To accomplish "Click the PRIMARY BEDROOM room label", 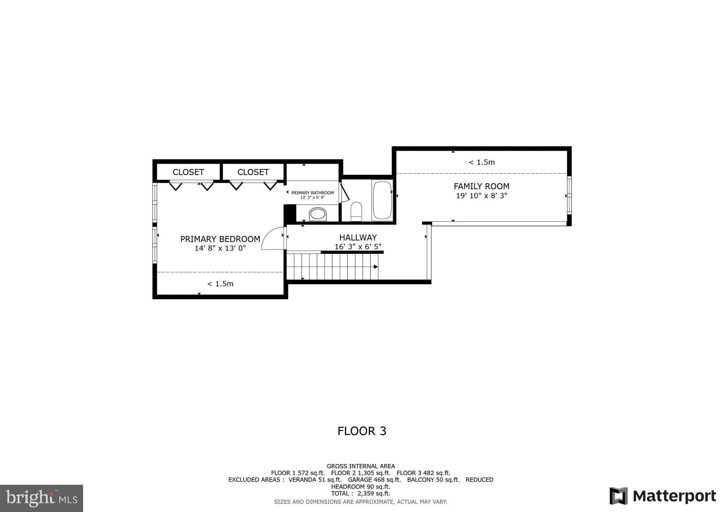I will click(x=220, y=239).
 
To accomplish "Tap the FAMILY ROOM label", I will click(x=481, y=186).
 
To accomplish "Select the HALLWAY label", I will click(x=358, y=238).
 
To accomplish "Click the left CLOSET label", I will click(x=188, y=172).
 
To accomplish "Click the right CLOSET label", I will click(x=253, y=172).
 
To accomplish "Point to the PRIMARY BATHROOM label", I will click(x=312, y=193).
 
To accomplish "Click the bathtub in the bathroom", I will click(x=382, y=200).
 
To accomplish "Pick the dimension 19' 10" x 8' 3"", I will click(x=481, y=196).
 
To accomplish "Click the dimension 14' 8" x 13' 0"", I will click(x=220, y=248).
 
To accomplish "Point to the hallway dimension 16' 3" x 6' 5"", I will click(x=358, y=247).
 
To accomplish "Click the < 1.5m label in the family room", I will click(x=481, y=162).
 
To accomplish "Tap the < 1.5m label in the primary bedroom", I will click(x=220, y=284).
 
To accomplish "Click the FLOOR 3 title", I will click(x=362, y=431).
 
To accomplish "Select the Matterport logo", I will click(x=663, y=496).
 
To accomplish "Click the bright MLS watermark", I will click(x=41, y=498).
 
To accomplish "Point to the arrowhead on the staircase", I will click(x=376, y=267).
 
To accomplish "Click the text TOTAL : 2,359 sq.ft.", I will click(x=361, y=493).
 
